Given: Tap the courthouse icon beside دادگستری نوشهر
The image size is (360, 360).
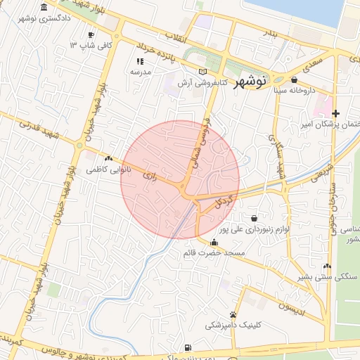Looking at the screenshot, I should click(x=44, y=7).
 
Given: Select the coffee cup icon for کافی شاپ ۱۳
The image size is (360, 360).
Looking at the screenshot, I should click(x=91, y=34).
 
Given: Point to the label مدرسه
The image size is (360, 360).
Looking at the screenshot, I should click(x=131, y=72).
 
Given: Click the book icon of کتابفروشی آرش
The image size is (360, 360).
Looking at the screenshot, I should click(x=203, y=72).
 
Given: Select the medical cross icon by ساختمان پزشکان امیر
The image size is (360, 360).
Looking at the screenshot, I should click(x=336, y=113).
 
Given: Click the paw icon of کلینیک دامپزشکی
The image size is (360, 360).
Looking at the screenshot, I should click(x=233, y=314).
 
